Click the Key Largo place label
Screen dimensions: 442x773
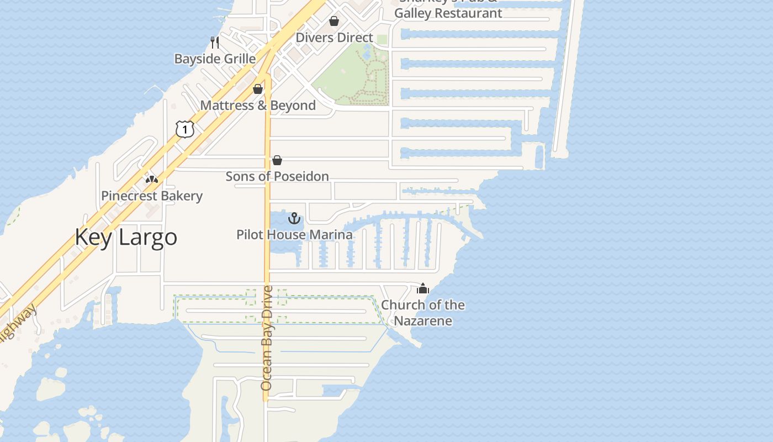click(126, 237)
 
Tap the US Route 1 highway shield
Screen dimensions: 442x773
click(186, 129)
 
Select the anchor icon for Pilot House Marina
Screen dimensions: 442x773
click(294, 218)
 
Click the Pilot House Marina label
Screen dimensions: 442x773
click(294, 235)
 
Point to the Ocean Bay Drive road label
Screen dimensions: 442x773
click(267, 338)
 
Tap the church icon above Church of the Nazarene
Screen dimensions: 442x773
click(423, 288)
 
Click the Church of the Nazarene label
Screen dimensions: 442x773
click(423, 313)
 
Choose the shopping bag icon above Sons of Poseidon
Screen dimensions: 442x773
click(277, 160)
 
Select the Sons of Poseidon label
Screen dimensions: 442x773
click(277, 176)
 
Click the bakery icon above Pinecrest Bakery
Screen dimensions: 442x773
click(152, 179)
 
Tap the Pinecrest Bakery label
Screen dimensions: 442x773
click(152, 196)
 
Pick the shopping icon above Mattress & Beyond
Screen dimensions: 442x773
click(258, 89)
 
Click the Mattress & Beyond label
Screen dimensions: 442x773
click(258, 106)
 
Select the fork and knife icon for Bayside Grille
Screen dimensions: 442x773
click(215, 42)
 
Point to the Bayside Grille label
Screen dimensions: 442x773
click(215, 59)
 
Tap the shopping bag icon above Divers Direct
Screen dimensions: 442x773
click(334, 22)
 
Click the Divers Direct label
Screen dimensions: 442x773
click(335, 38)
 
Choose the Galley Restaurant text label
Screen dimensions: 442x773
click(448, 13)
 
